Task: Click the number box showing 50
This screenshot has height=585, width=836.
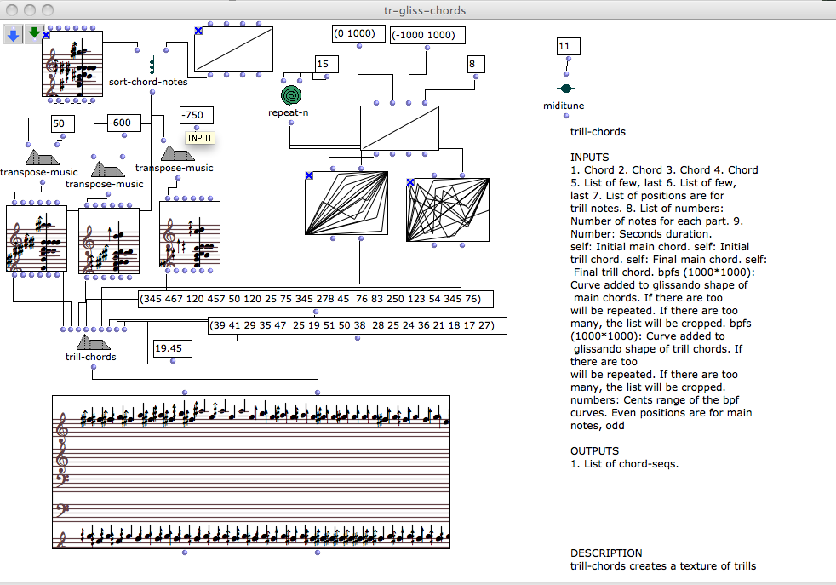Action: pyautogui.click(x=63, y=124)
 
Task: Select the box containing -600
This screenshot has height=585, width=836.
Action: pyautogui.click(x=124, y=123)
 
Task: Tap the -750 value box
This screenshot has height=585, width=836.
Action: pyautogui.click(x=196, y=116)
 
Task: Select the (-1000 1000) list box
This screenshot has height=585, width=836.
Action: pyautogui.click(x=428, y=35)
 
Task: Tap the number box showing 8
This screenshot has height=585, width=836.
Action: pyautogui.click(x=476, y=64)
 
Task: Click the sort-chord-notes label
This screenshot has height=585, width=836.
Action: pyautogui.click(x=148, y=82)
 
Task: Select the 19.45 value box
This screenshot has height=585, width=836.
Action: pyautogui.click(x=173, y=348)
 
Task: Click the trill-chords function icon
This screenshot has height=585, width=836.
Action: pyautogui.click(x=90, y=342)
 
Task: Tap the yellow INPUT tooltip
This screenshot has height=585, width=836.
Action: pyautogui.click(x=200, y=138)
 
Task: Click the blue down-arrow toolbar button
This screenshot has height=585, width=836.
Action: pyautogui.click(x=14, y=33)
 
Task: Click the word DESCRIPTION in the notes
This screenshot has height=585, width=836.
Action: pyautogui.click(x=606, y=553)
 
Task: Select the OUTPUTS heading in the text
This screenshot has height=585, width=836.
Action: pyautogui.click(x=595, y=450)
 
